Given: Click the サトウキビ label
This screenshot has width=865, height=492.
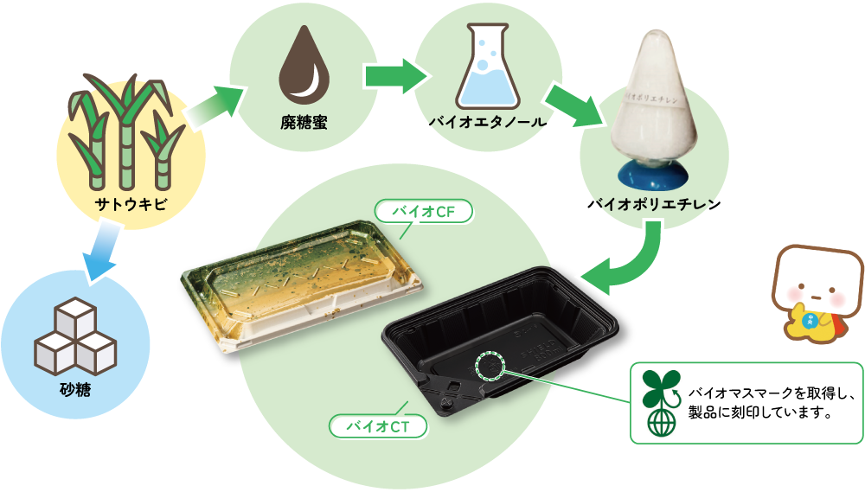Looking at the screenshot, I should pos(131,205).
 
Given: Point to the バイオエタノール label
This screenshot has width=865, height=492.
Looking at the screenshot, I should pos(488,122).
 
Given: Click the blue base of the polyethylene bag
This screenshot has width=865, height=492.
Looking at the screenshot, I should pos(656,176).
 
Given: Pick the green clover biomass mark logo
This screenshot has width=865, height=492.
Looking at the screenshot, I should pos(662,403).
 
